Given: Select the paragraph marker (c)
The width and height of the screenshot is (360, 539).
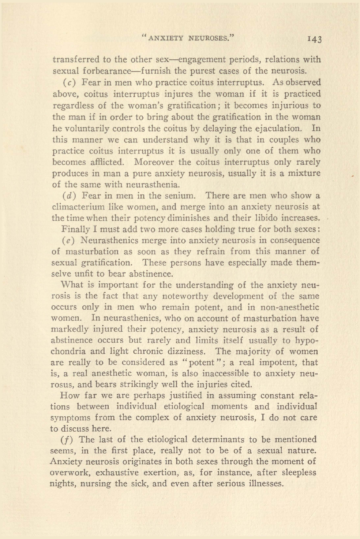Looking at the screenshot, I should (x=69, y=82).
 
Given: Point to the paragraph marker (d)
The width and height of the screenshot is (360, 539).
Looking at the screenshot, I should (x=69, y=196).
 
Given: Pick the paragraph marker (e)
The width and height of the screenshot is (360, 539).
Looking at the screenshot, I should (x=68, y=241).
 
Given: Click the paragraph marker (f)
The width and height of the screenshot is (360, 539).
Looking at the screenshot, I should (x=67, y=439).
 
